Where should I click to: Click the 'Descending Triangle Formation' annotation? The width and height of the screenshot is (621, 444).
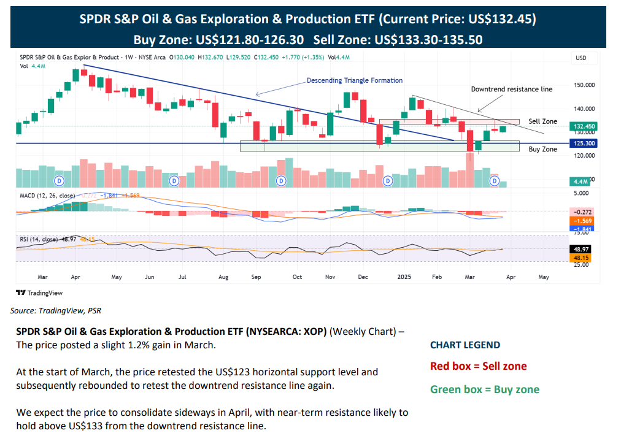(x=355, y=80)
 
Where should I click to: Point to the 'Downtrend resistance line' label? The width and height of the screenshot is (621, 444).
(x=511, y=89)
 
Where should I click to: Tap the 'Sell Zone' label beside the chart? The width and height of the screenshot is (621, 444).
(x=542, y=121)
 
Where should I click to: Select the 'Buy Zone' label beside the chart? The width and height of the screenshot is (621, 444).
(x=542, y=149)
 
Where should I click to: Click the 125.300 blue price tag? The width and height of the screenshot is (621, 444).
(x=583, y=143)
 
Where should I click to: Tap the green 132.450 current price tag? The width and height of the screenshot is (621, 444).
(x=583, y=126)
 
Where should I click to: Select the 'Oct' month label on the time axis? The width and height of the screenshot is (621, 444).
(x=297, y=277)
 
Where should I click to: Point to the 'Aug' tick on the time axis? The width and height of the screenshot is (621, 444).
(x=223, y=277)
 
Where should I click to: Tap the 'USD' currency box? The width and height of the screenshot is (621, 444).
(x=580, y=58)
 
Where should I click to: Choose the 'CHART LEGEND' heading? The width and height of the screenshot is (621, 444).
(x=465, y=345)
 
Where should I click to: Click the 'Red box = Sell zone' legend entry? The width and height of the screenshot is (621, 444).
(x=478, y=367)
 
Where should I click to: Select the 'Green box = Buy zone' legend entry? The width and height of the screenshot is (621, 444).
(x=485, y=389)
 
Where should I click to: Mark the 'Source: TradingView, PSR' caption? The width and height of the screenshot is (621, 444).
(x=56, y=311)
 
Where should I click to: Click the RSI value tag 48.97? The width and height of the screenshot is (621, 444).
(x=583, y=250)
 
